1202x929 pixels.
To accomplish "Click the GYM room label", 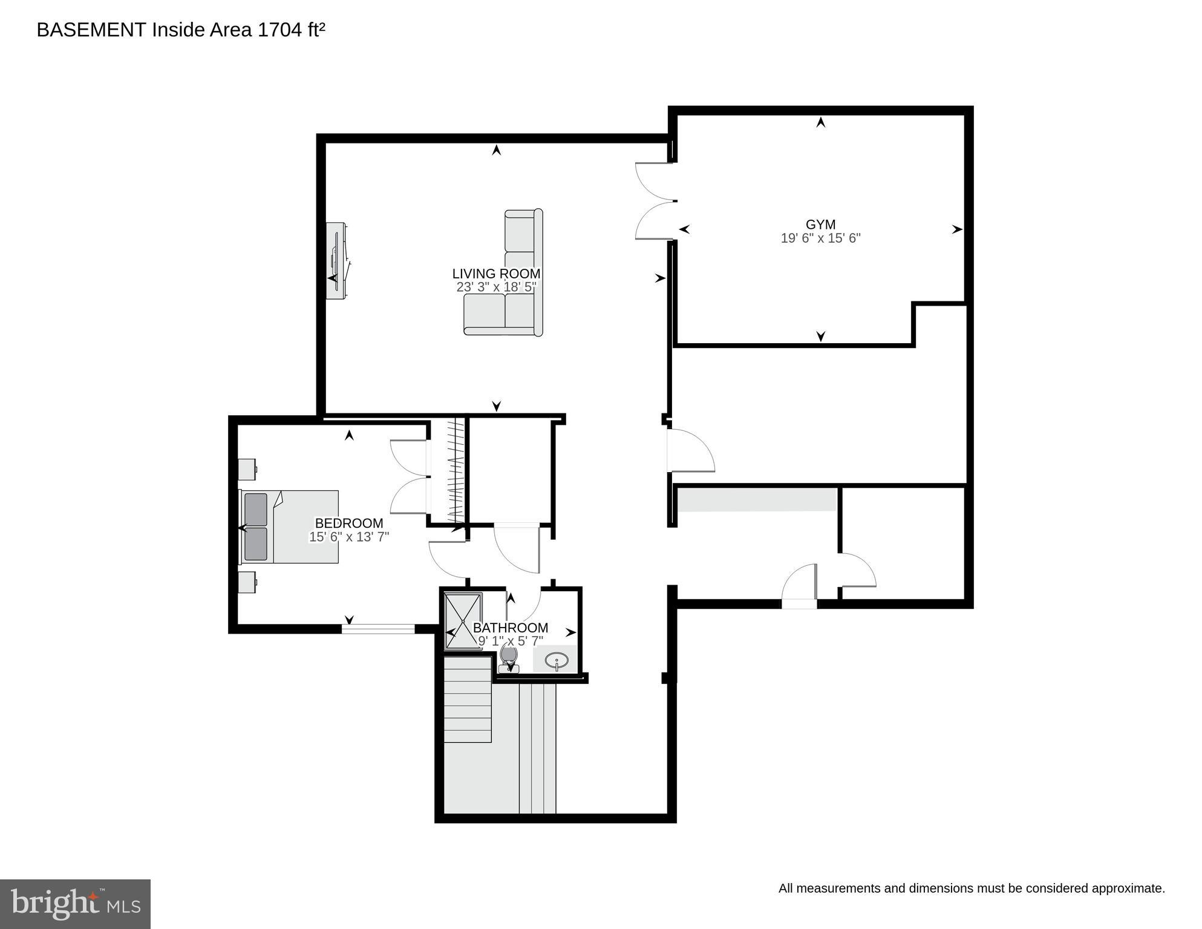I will pos(820,225).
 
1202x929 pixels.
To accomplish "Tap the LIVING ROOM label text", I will pos(496,274).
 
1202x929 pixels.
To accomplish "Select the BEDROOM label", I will pos(349,523).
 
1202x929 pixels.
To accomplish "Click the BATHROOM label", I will pos(511,628).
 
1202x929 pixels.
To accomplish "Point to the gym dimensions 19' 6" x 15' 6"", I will pos(820,238).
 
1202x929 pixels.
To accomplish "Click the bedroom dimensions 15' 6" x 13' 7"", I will pos(349,537).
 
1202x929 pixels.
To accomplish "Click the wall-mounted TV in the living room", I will pos(336,260).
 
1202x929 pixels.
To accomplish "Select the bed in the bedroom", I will pos(290,527).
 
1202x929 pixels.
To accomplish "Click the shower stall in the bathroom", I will pos(463,620).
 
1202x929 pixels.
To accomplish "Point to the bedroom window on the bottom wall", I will pos(378,629).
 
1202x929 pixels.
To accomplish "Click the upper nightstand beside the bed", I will pos(247,469).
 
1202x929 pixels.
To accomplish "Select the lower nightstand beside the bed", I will pos(247,582).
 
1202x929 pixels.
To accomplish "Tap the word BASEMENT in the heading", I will pos(91,30).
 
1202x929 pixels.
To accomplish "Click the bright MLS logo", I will pos(75,904).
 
